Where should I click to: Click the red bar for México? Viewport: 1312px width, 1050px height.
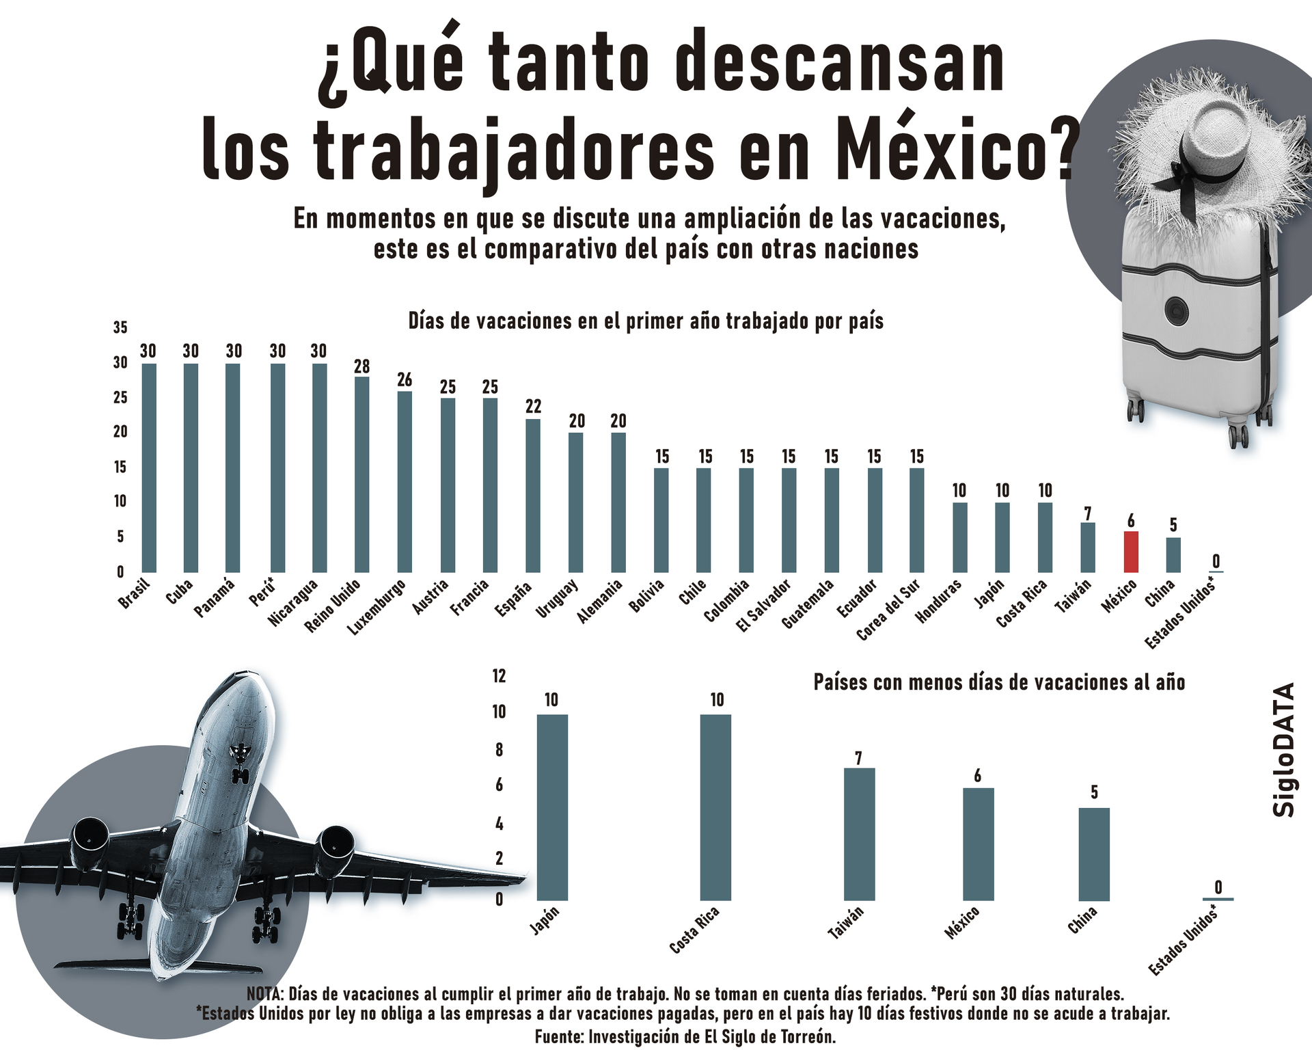[x=1131, y=552]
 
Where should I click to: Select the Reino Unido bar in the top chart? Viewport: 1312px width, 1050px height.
[x=361, y=474]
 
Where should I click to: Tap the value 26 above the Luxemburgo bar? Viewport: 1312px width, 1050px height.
[x=405, y=379]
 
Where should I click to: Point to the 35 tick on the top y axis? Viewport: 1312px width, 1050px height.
[x=120, y=327]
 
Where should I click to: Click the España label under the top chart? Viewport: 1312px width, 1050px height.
[x=514, y=599]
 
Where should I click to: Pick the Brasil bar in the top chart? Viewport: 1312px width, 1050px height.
[x=149, y=468]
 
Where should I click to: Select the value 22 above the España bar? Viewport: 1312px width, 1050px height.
[x=533, y=406]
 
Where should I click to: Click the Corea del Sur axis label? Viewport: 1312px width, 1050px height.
[x=888, y=610]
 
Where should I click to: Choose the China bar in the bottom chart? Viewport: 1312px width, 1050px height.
[x=1093, y=854]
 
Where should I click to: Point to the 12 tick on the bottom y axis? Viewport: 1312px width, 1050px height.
[x=499, y=676]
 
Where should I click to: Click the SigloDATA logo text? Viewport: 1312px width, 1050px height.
[x=1285, y=749]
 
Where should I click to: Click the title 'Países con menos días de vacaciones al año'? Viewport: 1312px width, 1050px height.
[x=999, y=682]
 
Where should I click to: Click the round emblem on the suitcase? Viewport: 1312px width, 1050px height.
[x=1177, y=311]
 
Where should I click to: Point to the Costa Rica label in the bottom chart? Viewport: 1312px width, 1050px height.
[x=694, y=930]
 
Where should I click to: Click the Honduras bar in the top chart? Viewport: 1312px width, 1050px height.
[x=959, y=537]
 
